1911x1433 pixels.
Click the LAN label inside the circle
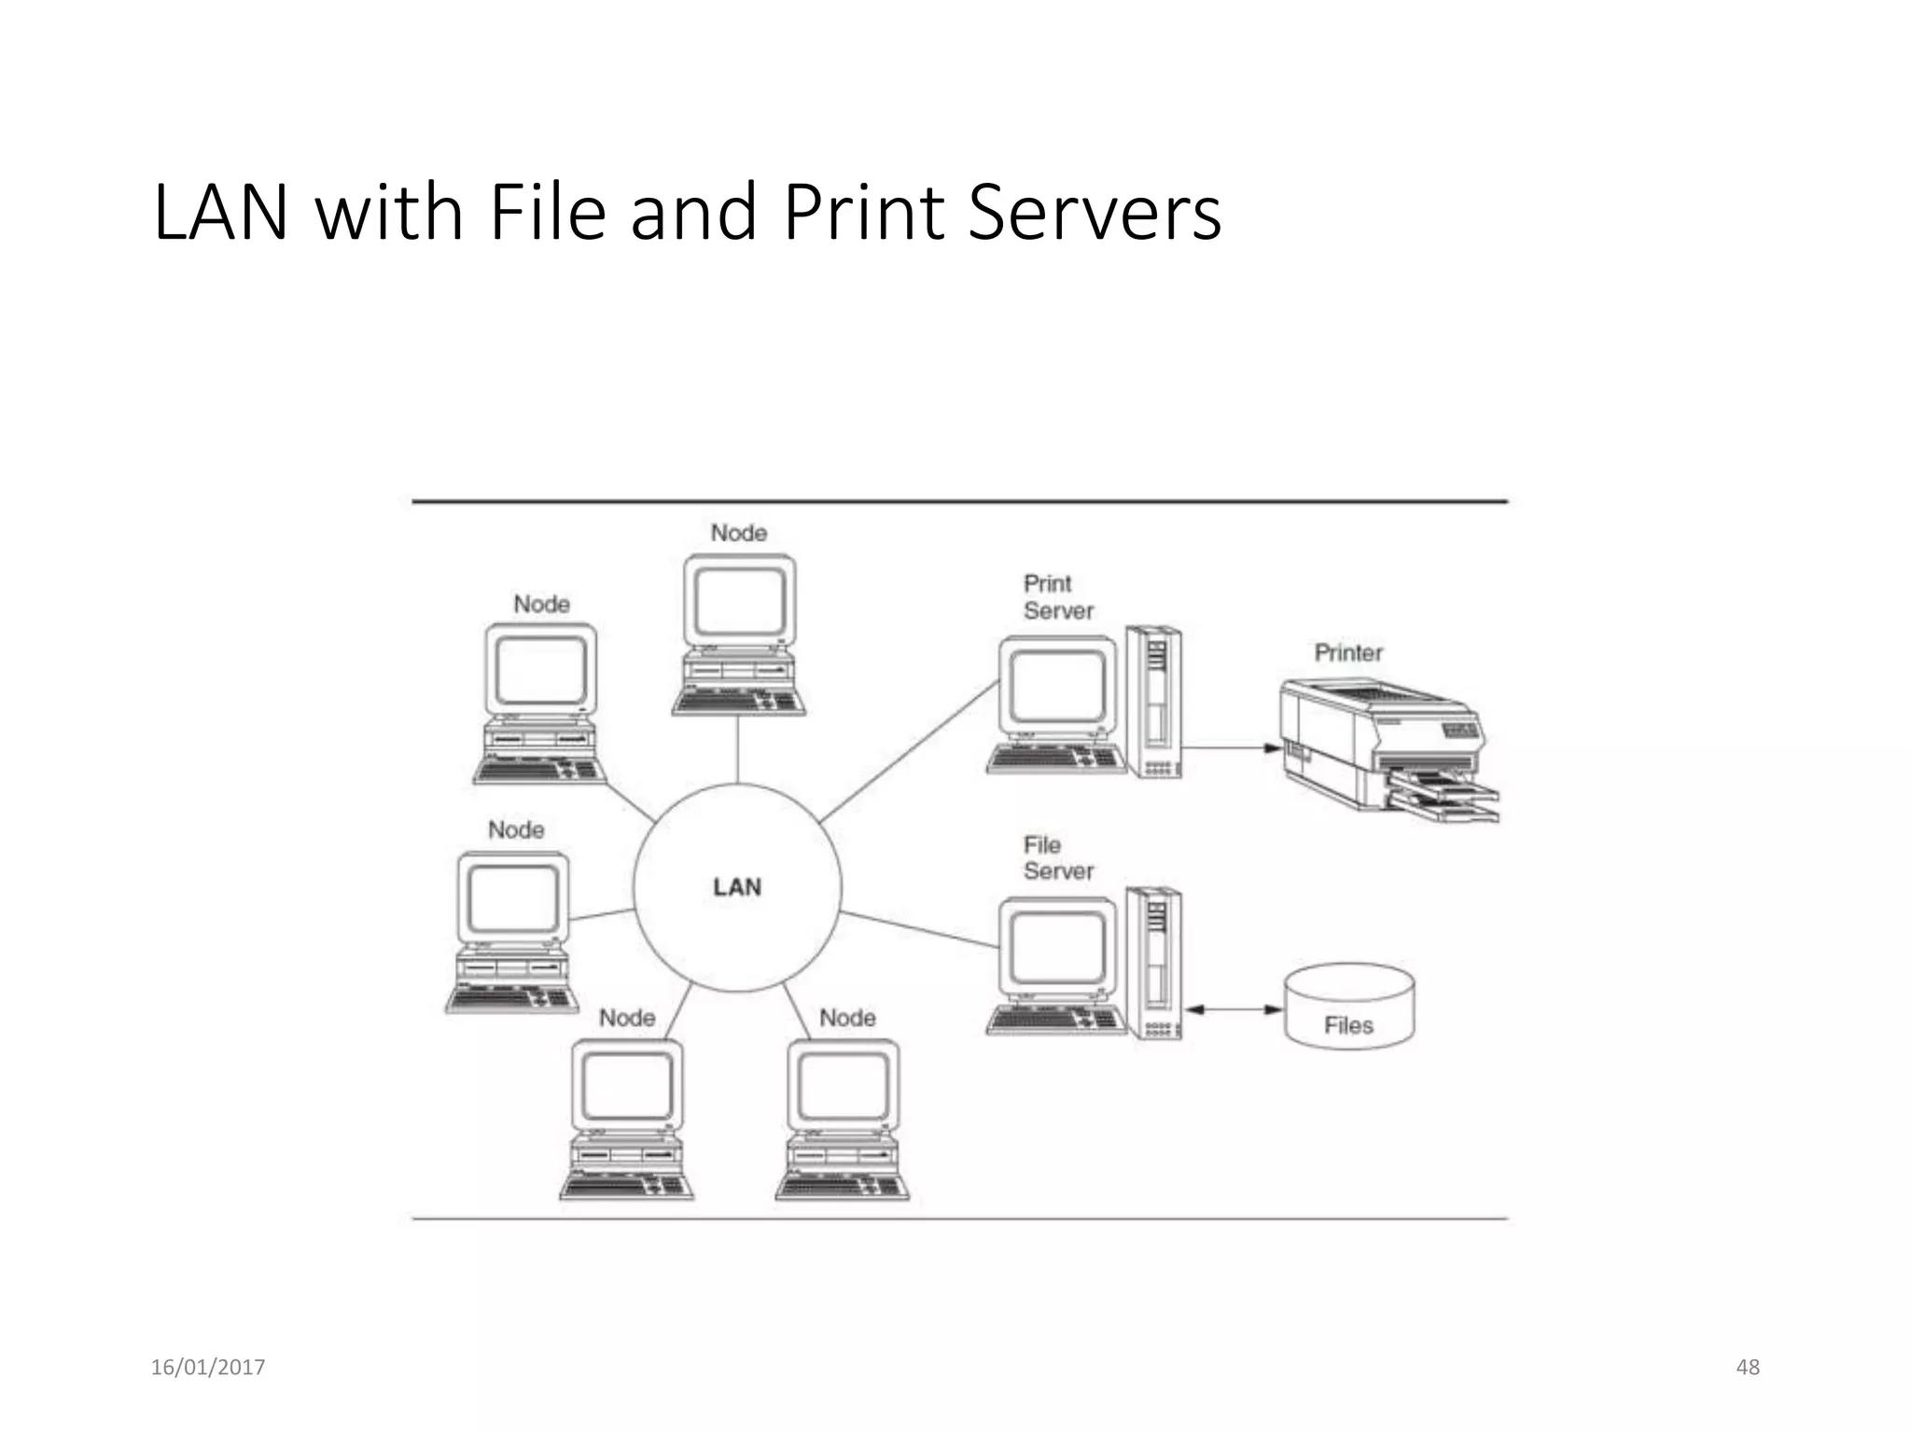pyautogui.click(x=737, y=886)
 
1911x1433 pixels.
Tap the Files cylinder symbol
pyautogui.click(x=1348, y=1008)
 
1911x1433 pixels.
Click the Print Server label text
pyautogui.click(x=1057, y=597)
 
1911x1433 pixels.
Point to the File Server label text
pyautogui.click(x=1057, y=857)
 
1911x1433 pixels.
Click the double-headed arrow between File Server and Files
pyautogui.click(x=1233, y=1009)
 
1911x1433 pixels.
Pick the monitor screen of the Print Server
pyautogui.click(x=1057, y=686)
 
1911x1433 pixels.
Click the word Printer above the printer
pyautogui.click(x=1348, y=652)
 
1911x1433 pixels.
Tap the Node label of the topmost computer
pyautogui.click(x=738, y=533)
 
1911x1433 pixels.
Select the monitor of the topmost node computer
pyautogui.click(x=739, y=600)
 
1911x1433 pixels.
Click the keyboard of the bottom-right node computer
pyautogui.click(x=842, y=1186)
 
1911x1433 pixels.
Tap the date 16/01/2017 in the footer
pyautogui.click(x=208, y=1367)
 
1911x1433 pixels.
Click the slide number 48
pyautogui.click(x=1747, y=1367)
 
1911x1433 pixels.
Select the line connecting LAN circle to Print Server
pyautogui.click(x=910, y=751)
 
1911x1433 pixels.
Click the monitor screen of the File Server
pyautogui.click(x=1057, y=947)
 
